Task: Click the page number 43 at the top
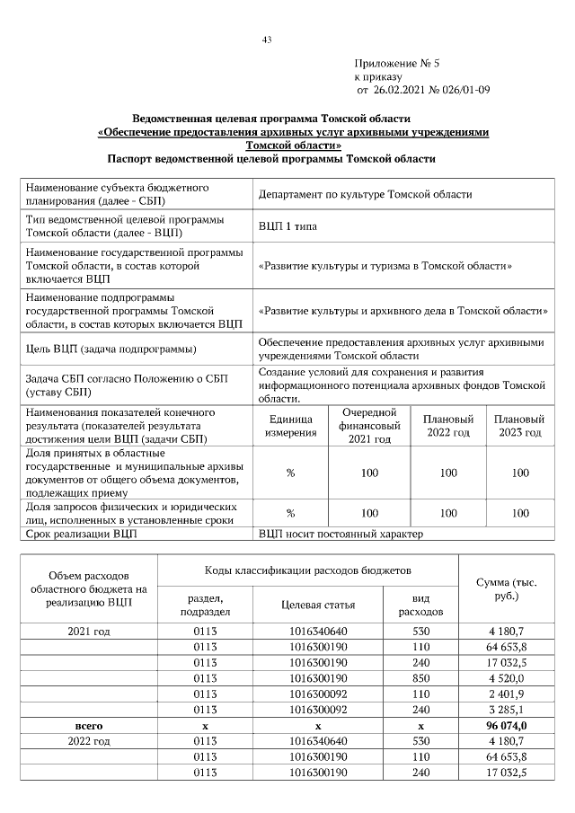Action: click(x=267, y=40)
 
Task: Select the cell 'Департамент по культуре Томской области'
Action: click(x=365, y=194)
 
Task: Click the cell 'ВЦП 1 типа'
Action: click(x=287, y=226)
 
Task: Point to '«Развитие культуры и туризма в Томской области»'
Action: click(x=385, y=267)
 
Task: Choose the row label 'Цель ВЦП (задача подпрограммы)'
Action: click(x=111, y=349)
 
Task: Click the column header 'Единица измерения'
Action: click(x=290, y=426)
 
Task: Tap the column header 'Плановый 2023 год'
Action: click(x=519, y=426)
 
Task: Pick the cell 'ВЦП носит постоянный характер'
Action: click(x=341, y=535)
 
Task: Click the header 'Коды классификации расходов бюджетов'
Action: click(x=308, y=570)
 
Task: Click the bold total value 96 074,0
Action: click(x=507, y=726)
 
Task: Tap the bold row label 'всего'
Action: click(x=89, y=726)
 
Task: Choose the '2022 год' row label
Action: click(x=89, y=741)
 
